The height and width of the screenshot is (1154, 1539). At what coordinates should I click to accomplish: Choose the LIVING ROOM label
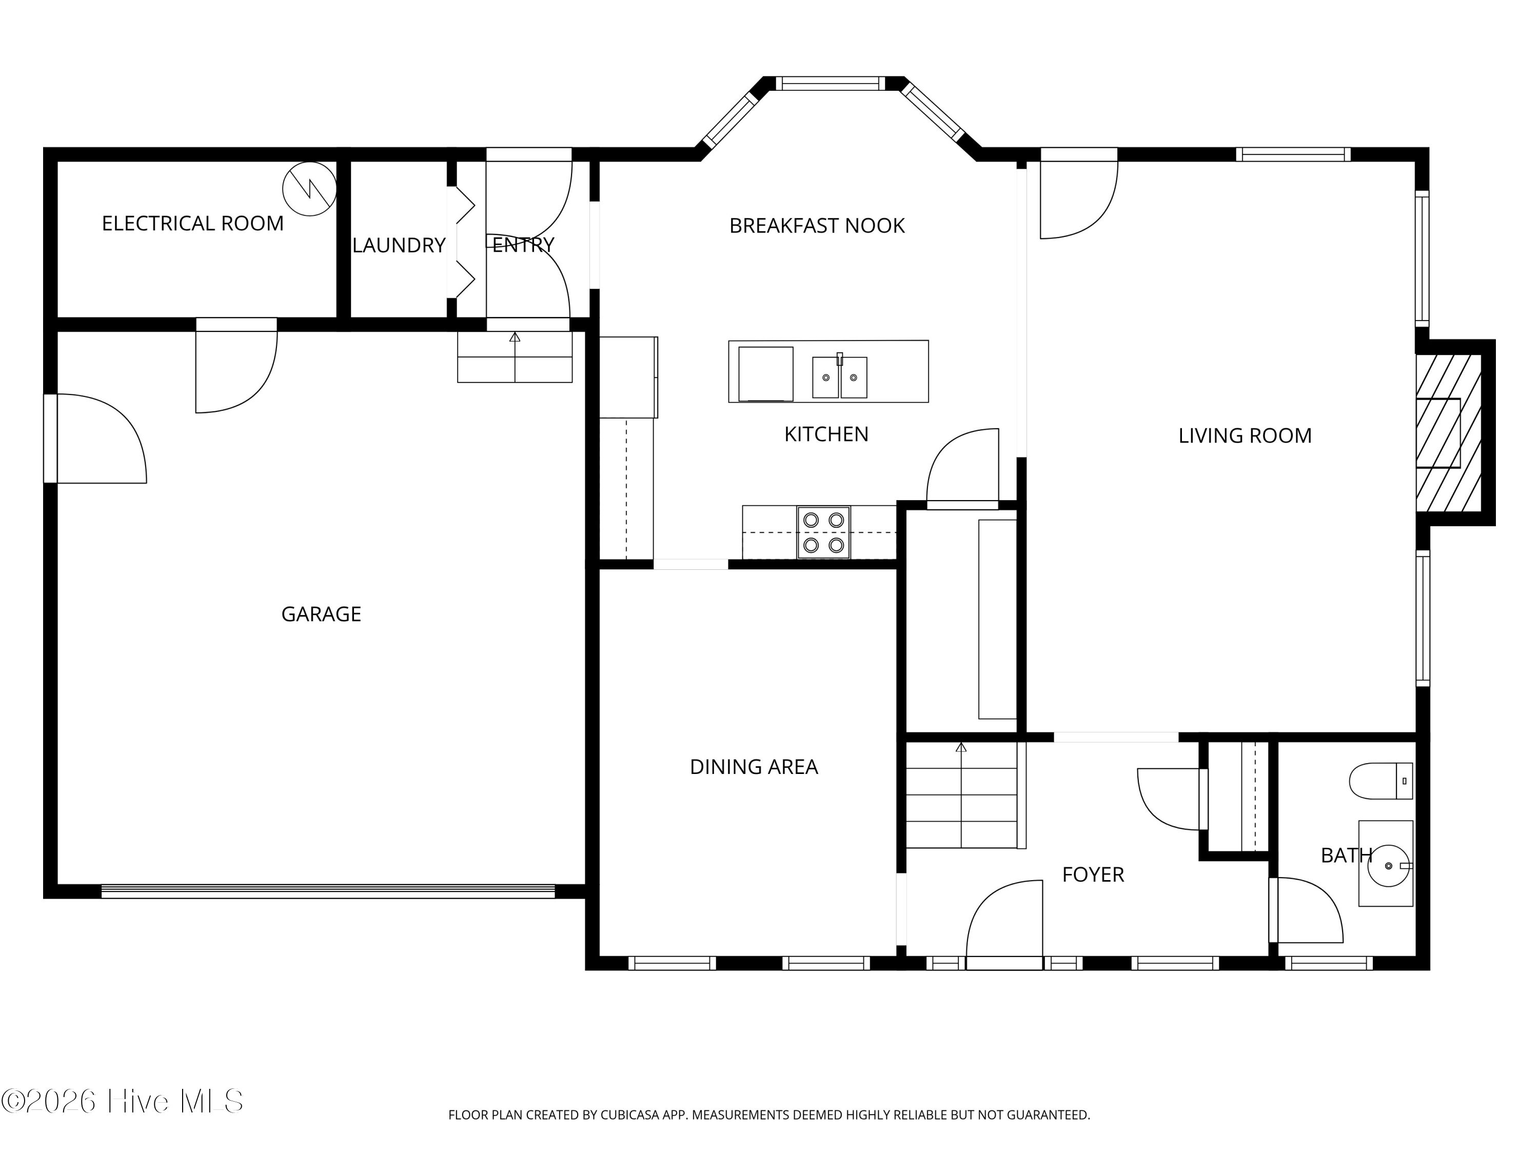click(x=1245, y=435)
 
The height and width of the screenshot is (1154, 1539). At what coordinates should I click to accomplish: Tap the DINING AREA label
click(x=754, y=767)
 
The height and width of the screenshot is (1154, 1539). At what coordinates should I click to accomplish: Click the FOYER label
click(x=1093, y=874)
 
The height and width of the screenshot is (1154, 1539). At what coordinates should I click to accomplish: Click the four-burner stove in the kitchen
click(x=823, y=532)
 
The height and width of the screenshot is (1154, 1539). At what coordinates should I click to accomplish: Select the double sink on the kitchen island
click(x=840, y=376)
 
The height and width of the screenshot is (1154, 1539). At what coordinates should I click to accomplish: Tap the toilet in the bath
click(x=1381, y=781)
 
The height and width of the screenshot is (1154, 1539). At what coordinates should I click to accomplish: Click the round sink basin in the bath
click(x=1388, y=866)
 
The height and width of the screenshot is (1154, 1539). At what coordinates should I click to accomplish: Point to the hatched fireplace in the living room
click(x=1449, y=433)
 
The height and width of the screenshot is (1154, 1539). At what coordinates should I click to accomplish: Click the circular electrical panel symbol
click(x=310, y=189)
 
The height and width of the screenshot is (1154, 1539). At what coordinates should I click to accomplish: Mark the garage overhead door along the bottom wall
click(x=328, y=891)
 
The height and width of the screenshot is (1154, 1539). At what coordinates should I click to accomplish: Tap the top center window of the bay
click(x=830, y=84)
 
